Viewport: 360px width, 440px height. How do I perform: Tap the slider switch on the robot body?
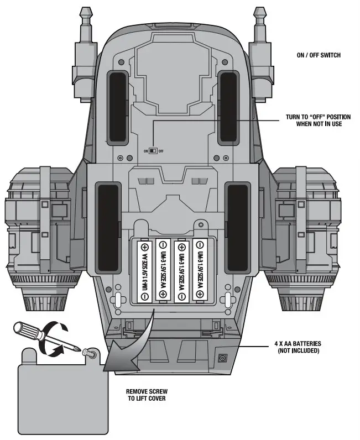pos(154,150)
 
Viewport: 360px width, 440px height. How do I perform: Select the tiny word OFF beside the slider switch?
pos(161,151)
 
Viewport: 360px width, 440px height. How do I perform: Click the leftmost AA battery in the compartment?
pos(145,271)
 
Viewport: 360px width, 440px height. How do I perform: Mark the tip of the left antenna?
pos(85,11)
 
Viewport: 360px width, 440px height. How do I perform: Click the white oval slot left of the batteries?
pos(118,300)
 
